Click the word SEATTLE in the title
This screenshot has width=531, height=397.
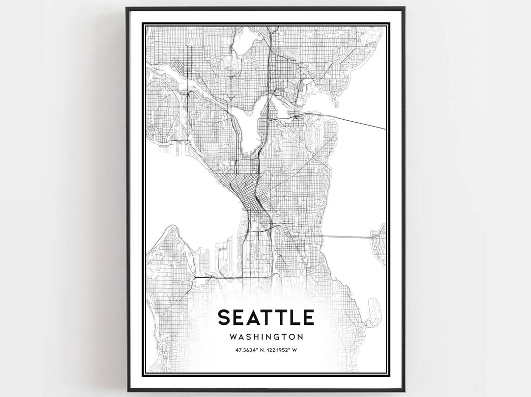pos(265,317)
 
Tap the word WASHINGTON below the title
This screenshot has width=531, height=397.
pos(265,337)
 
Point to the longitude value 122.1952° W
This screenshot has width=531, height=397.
pos(284,350)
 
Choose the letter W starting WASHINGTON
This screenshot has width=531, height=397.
pos(233,337)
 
